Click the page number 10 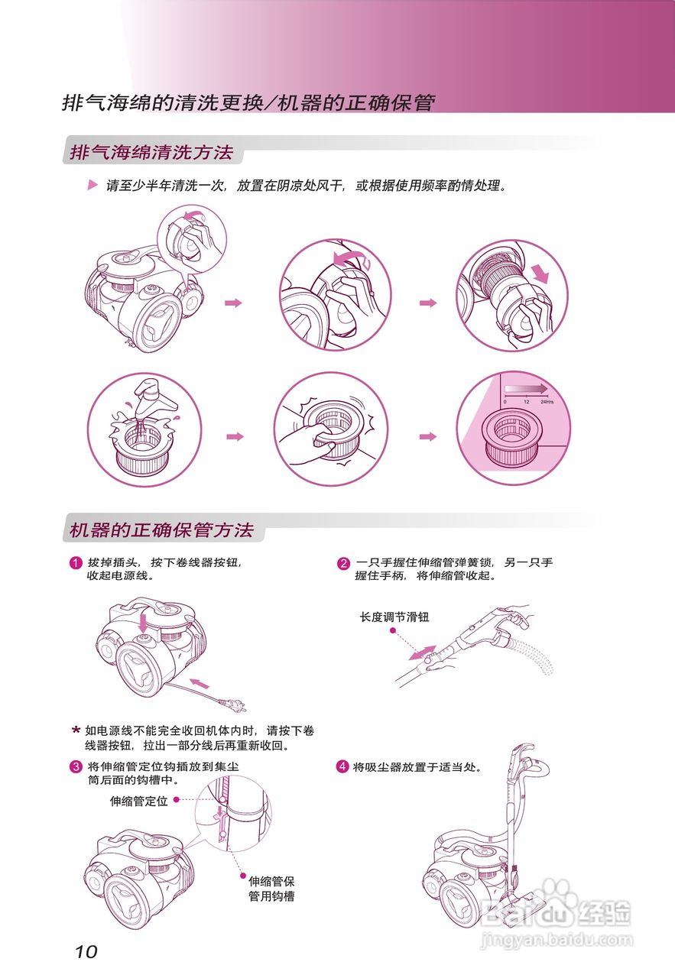(x=86, y=951)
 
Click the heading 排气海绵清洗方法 (x=151, y=152)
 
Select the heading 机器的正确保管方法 (x=161, y=530)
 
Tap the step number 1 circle (x=76, y=564)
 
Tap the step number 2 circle (x=344, y=564)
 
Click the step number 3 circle (x=76, y=766)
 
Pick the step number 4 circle (x=343, y=766)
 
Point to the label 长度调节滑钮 (x=394, y=617)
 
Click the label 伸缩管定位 (x=138, y=801)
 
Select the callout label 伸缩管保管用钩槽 (x=271, y=889)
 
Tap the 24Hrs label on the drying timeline (x=546, y=401)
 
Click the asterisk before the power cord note (x=76, y=730)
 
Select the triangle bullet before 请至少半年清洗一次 (x=92, y=186)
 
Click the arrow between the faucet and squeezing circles (x=235, y=436)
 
